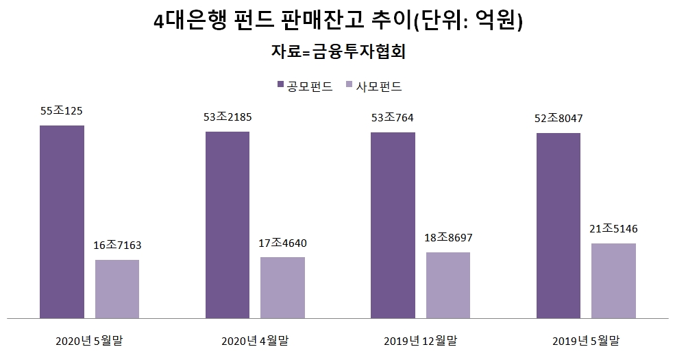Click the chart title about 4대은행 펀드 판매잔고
[x=338, y=21]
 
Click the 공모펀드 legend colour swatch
[x=280, y=86]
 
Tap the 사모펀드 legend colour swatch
[x=349, y=86]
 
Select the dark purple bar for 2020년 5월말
[x=62, y=221]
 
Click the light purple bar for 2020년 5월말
[x=117, y=289]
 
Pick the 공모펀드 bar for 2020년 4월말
[x=228, y=225]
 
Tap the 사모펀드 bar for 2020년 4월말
[x=283, y=287]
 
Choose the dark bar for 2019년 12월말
[x=393, y=225]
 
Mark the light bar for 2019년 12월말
[x=448, y=285]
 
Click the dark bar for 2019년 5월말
[x=559, y=226]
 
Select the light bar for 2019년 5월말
[x=614, y=280]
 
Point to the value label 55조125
[x=62, y=111]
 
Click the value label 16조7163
[x=117, y=245]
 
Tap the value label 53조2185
[x=228, y=117]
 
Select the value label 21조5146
[x=614, y=228]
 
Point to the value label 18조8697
[x=448, y=237]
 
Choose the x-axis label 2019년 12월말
[x=420, y=340]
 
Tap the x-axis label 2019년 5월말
[x=586, y=340]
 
